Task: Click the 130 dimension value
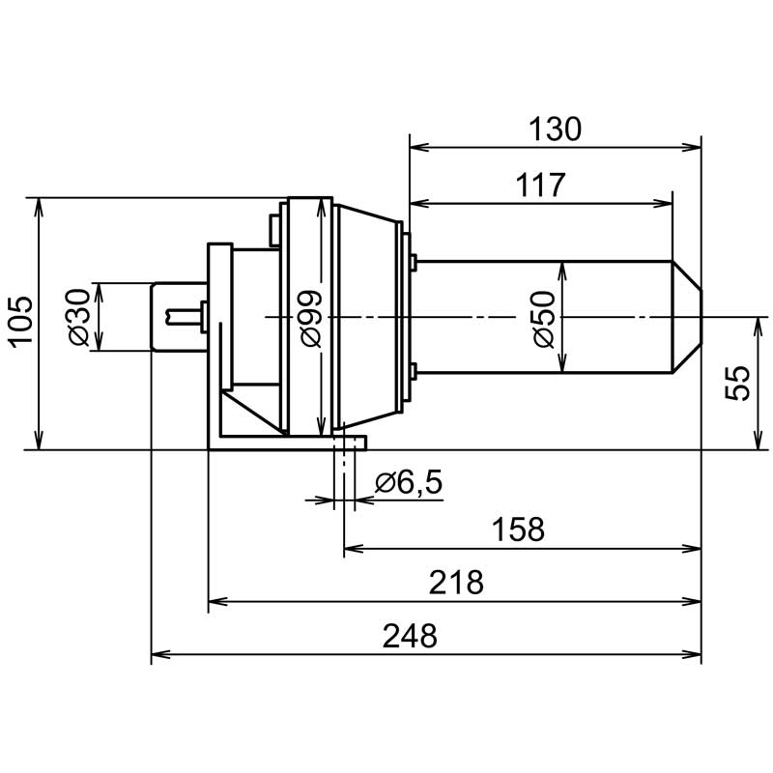pyautogui.click(x=555, y=129)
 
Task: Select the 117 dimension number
pyautogui.click(x=540, y=185)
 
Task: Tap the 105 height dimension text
pyautogui.click(x=22, y=323)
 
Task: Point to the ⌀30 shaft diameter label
pyautogui.click(x=79, y=317)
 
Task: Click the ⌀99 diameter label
pyautogui.click(x=311, y=319)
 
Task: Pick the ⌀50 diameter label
pyautogui.click(x=544, y=320)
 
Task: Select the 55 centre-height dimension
pyautogui.click(x=737, y=383)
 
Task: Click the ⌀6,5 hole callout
pyautogui.click(x=409, y=482)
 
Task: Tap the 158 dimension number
pyautogui.click(x=518, y=530)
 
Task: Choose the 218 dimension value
pyautogui.click(x=456, y=583)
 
